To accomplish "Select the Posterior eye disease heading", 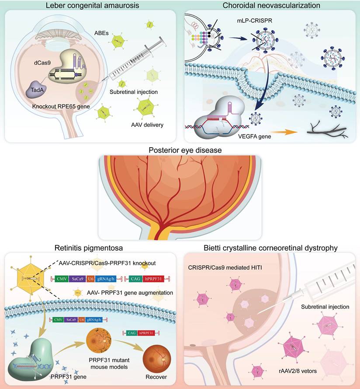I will tap(180, 150).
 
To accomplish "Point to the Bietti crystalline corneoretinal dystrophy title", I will tap(271, 248).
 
